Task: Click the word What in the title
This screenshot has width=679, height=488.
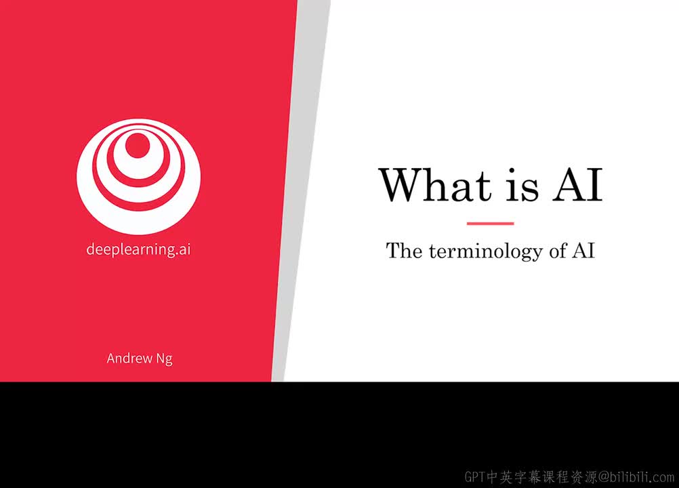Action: pos(436,185)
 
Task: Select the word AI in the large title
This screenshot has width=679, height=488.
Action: pos(577,185)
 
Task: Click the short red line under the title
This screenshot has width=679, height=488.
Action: pos(490,224)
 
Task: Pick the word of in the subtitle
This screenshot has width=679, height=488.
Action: pos(558,251)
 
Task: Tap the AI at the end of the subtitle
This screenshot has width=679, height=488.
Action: pos(583,251)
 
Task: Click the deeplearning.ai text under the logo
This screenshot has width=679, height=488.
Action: pos(138,249)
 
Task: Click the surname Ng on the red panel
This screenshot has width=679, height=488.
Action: pos(165,359)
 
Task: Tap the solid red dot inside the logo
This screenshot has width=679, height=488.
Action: pos(138,145)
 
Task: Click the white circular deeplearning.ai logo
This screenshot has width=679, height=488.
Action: pos(138,177)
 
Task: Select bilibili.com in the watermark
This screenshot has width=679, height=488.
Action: pos(642,476)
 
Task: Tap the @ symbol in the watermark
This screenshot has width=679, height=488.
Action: pos(604,477)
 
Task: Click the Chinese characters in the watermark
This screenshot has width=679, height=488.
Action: pos(542,476)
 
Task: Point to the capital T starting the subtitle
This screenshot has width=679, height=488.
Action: pos(392,251)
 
